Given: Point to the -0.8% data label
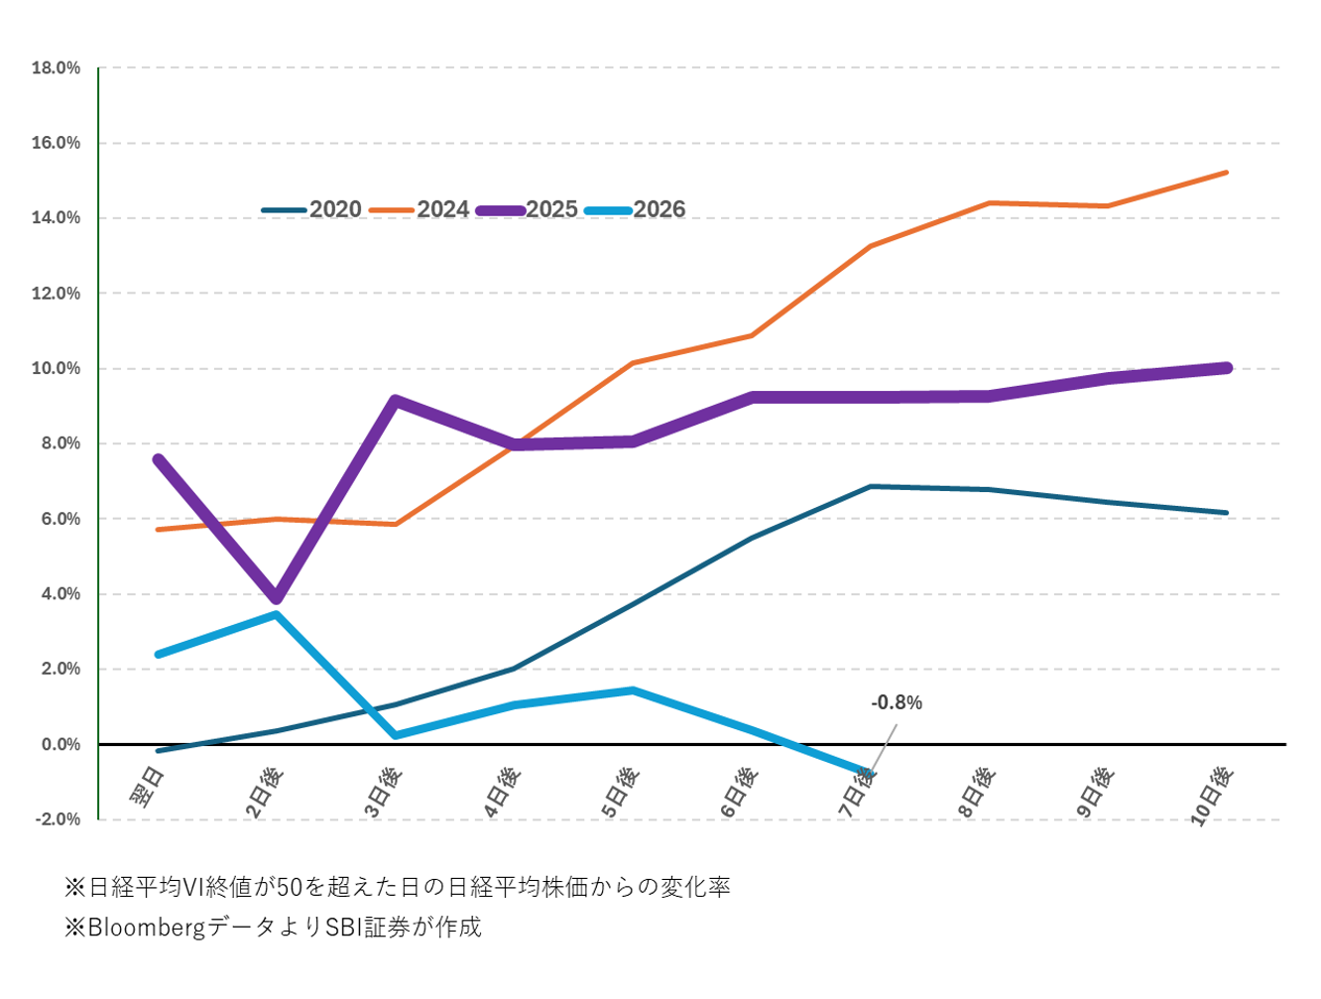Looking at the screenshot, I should click(x=897, y=702).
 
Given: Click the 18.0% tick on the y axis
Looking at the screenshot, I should click(x=57, y=68).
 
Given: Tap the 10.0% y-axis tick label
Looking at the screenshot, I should click(x=57, y=369).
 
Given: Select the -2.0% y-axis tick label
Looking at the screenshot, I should click(x=57, y=819).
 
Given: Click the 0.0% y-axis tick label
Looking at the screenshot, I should click(x=60, y=744).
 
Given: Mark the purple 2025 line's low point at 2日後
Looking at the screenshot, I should click(x=277, y=598).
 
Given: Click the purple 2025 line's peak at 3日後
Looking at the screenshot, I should click(x=396, y=401).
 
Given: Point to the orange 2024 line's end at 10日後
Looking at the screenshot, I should click(x=1227, y=173).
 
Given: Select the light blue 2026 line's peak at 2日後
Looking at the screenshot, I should click(x=277, y=615).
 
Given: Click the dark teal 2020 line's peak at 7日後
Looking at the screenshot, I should click(x=870, y=486).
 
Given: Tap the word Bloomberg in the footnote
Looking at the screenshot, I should click(x=147, y=928).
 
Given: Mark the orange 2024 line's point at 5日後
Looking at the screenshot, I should click(x=633, y=363).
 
